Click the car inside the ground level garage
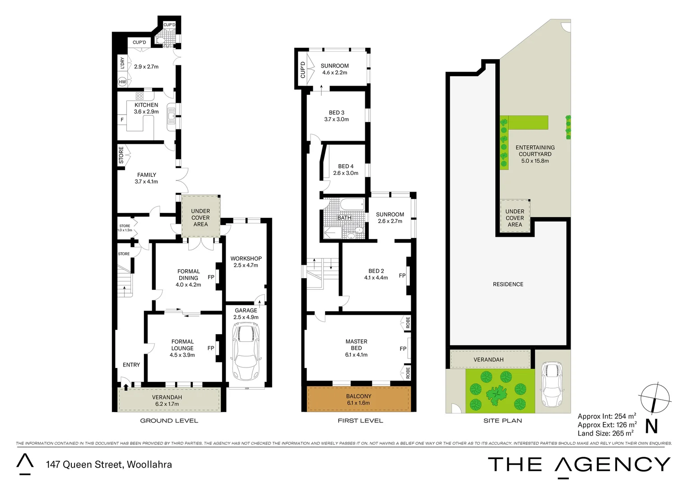click(x=246, y=352)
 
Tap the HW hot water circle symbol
click(x=122, y=82)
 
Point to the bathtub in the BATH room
click(x=352, y=205)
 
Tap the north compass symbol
click(x=654, y=399)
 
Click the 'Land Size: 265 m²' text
click(x=605, y=433)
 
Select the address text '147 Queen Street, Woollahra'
click(x=109, y=464)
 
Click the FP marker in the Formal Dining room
click(x=211, y=277)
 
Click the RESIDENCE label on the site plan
click(x=508, y=284)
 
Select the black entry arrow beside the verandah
click(x=126, y=386)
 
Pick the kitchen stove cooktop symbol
click(x=140, y=96)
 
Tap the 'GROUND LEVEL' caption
click(x=169, y=421)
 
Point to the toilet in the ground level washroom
click(x=160, y=40)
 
